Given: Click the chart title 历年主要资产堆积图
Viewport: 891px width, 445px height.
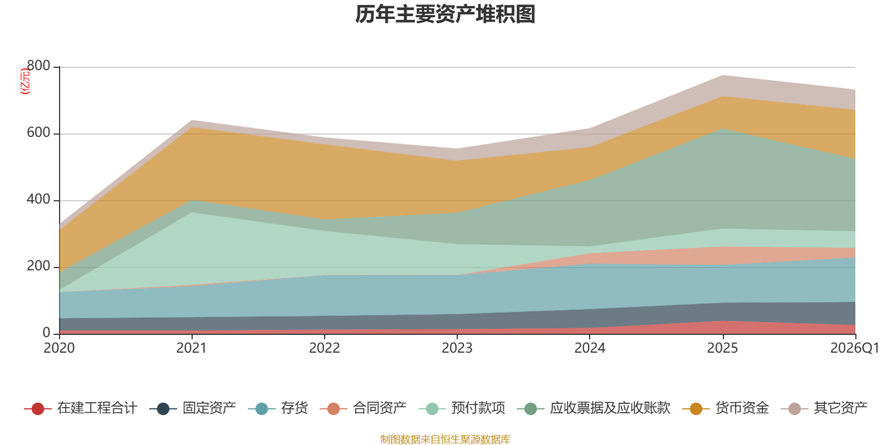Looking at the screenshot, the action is [x=445, y=14].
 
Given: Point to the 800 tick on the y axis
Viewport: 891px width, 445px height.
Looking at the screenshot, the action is [x=38, y=66].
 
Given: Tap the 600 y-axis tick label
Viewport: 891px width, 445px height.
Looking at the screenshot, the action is [x=38, y=132].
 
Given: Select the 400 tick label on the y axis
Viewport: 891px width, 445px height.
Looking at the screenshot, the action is [x=38, y=199].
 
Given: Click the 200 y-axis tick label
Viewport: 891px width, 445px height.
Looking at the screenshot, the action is [x=38, y=266].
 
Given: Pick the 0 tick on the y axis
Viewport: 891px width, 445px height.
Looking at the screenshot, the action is [x=47, y=333].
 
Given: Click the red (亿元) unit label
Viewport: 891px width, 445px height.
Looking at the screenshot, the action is [x=25, y=81].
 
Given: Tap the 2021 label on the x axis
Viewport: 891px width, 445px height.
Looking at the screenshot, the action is [x=192, y=348].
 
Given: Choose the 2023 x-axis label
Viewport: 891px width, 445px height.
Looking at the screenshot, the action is [x=457, y=348].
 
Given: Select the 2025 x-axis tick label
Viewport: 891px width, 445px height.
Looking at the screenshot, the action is [x=722, y=348].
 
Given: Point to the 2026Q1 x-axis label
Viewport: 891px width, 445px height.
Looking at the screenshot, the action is [x=855, y=348].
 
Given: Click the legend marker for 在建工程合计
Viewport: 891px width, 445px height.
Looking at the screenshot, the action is [x=38, y=408].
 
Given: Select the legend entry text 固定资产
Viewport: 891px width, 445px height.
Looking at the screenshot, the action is [x=209, y=408].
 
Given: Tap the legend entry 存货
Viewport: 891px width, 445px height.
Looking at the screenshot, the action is [x=295, y=408].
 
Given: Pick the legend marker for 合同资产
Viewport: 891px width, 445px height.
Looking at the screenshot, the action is [x=334, y=408].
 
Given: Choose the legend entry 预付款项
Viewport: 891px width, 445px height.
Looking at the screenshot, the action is [x=478, y=408].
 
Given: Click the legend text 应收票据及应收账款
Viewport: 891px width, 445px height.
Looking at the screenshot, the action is [x=610, y=408].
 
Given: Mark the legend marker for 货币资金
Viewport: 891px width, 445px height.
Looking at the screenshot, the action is [x=696, y=408].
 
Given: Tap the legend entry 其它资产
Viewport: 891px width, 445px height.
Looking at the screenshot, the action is [x=840, y=408].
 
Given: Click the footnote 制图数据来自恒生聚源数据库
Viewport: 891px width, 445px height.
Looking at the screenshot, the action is [x=445, y=439].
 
